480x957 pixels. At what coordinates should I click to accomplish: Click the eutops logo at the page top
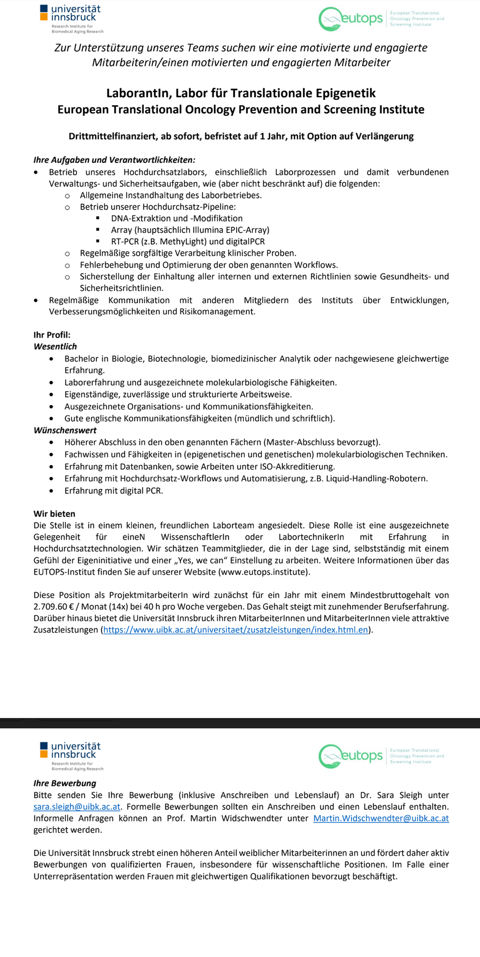click(351, 19)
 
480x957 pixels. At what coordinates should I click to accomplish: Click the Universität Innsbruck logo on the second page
click(71, 755)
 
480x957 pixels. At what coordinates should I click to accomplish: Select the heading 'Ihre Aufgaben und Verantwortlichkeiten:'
click(114, 160)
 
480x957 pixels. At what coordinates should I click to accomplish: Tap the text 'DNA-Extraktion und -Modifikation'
click(177, 218)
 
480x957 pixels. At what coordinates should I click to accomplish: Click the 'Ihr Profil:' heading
click(52, 335)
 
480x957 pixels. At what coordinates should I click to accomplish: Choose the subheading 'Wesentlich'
click(55, 346)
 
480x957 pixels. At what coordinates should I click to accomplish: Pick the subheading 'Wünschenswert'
click(65, 430)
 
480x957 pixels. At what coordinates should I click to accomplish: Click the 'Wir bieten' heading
click(54, 513)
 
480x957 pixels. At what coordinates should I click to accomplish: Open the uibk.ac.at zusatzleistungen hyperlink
click(236, 630)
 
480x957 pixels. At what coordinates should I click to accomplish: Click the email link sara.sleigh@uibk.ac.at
click(77, 806)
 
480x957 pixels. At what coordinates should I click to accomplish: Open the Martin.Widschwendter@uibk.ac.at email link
click(381, 818)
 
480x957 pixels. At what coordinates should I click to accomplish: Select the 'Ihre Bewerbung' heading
click(65, 783)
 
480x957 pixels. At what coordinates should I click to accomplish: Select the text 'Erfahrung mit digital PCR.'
click(114, 491)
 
